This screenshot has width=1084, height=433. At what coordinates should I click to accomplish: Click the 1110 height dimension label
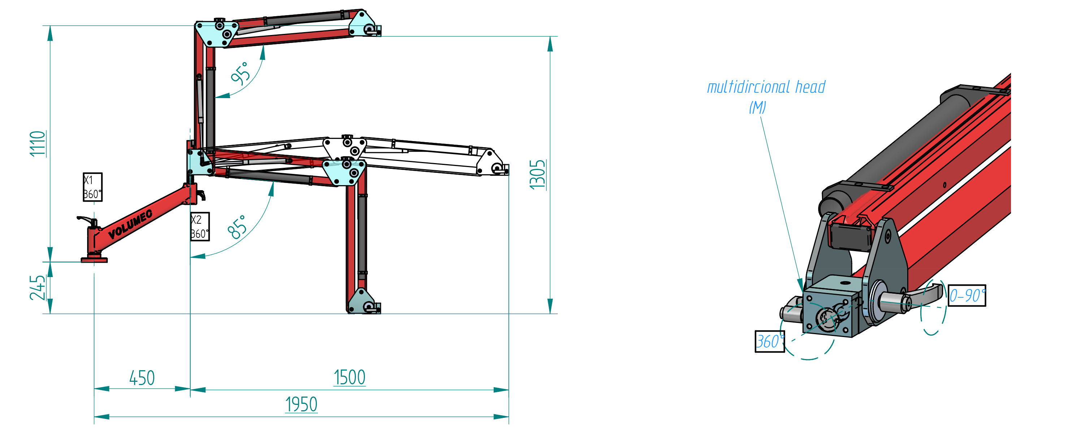coord(38,144)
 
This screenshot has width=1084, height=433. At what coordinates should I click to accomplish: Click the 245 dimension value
coord(38,288)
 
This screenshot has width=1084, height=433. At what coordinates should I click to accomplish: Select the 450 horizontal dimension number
coord(142,378)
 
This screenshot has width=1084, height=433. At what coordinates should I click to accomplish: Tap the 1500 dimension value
coord(349,377)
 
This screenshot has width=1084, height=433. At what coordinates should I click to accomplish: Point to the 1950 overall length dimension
coord(301,404)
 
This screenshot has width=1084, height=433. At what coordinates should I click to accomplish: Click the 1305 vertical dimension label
coord(537,174)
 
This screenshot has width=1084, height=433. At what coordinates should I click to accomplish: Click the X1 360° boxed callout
coord(93,187)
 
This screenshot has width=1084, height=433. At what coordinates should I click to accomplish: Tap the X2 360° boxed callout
coord(200,227)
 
